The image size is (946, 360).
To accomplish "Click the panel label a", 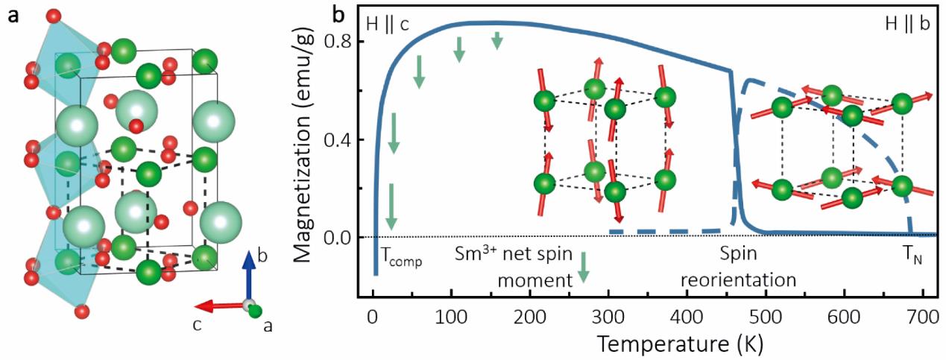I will (13, 16).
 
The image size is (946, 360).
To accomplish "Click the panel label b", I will (337, 13).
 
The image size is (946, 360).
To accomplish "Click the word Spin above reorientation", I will (738, 253).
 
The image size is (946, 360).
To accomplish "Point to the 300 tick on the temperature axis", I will (608, 315).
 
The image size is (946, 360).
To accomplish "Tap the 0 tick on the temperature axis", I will (373, 315).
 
